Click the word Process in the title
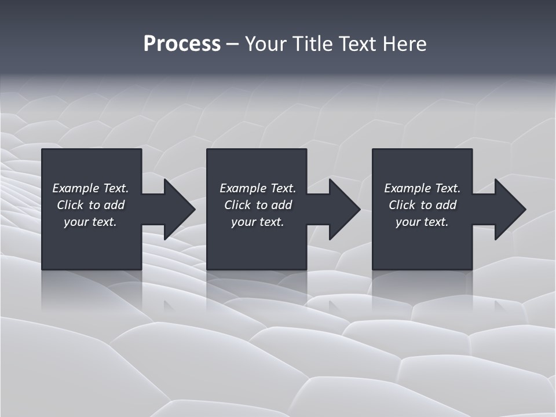pyautogui.click(x=182, y=44)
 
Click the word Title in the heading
pyautogui.click(x=312, y=44)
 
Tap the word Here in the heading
pyautogui.click(x=404, y=44)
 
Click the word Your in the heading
pyautogui.click(x=266, y=44)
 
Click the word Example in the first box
pyautogui.click(x=76, y=188)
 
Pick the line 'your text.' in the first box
pyautogui.click(x=90, y=222)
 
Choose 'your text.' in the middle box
pyautogui.click(x=257, y=222)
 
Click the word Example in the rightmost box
pyautogui.click(x=408, y=188)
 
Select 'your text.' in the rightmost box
pyautogui.click(x=422, y=222)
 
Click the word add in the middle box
pyautogui.click(x=281, y=205)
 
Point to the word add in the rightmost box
pyautogui.click(x=446, y=205)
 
